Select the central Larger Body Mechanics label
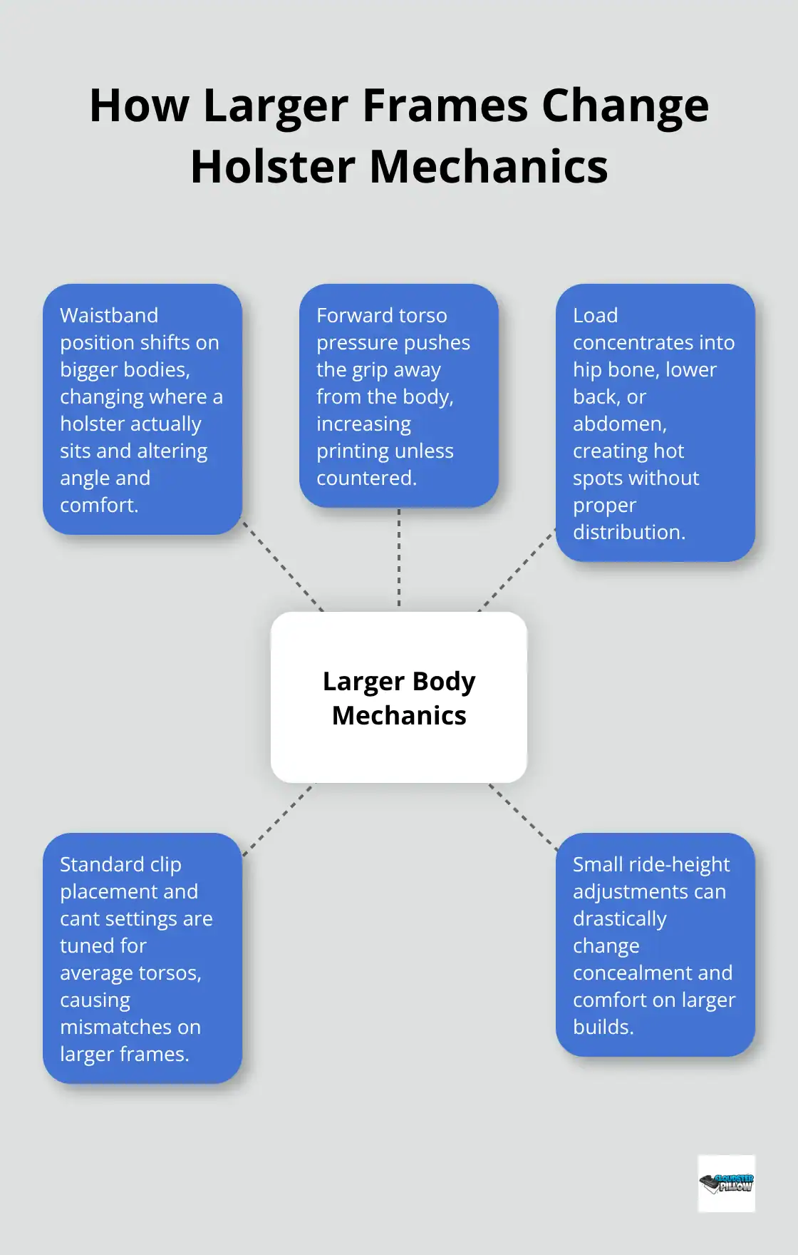[399, 698]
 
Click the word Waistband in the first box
[109, 315]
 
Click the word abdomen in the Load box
[618, 424]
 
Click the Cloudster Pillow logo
[726, 1184]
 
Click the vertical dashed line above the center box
[399, 560]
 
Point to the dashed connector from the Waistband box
[282, 566]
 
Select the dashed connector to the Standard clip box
[278, 819]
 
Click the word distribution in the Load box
[628, 533]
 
